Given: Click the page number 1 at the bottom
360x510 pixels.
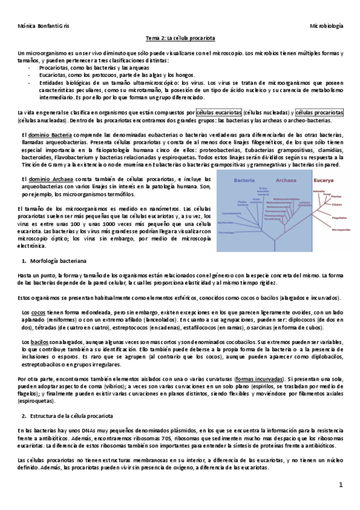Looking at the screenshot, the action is coord(340,484).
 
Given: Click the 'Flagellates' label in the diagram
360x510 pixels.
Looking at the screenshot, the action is coord(339,218).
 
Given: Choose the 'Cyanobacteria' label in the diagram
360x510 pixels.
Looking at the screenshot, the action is coord(231,213).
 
